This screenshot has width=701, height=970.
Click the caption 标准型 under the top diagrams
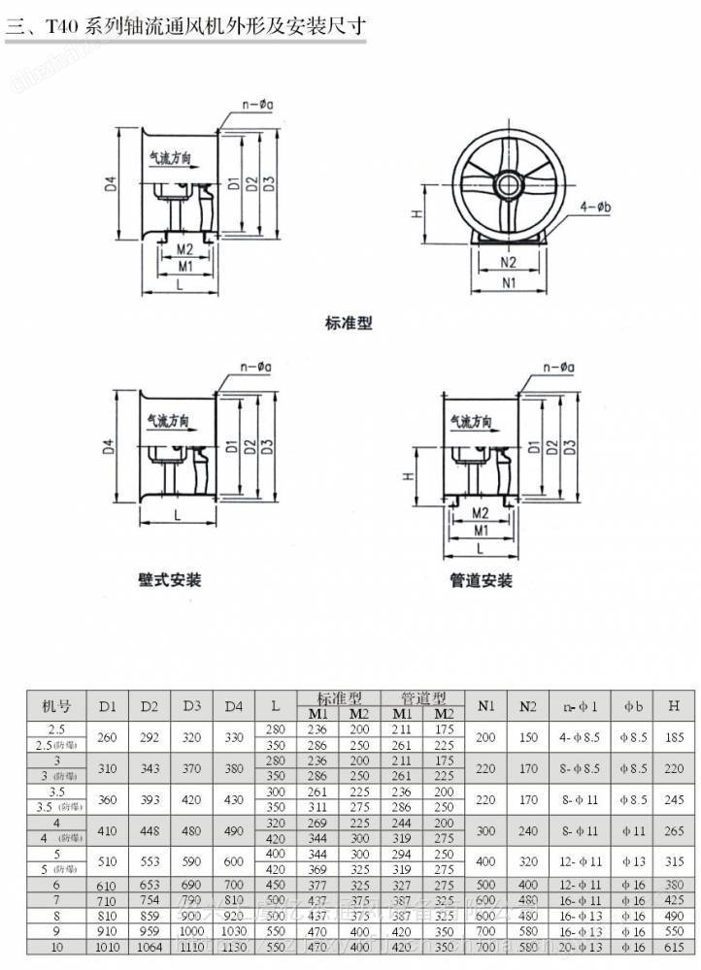point(349,323)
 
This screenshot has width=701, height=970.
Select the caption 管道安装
point(481,581)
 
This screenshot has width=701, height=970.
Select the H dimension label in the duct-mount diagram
point(411,476)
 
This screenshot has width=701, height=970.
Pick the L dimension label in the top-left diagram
point(181,284)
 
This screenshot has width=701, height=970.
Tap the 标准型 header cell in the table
point(341,696)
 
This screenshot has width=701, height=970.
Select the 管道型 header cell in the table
point(424,696)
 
